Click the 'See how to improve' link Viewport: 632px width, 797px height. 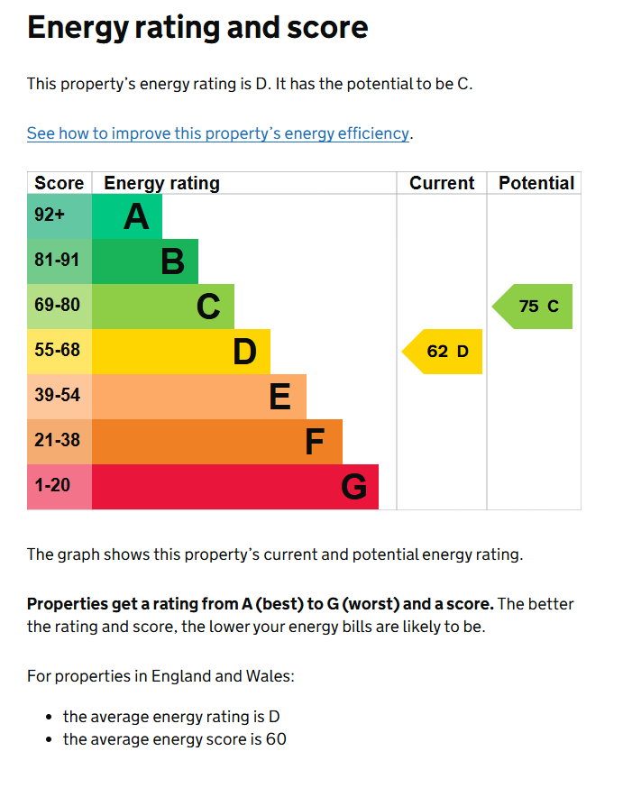tap(218, 133)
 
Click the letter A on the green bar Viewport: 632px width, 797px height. tap(136, 216)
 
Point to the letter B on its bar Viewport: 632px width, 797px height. tap(172, 261)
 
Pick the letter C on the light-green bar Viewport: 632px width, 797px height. tap(208, 307)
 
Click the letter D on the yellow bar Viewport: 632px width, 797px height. tap(244, 352)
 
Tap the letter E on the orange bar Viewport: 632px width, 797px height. tap(280, 397)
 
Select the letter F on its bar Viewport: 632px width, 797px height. tap(315, 442)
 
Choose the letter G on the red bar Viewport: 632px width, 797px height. tap(353, 487)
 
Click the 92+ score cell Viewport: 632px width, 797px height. tap(50, 215)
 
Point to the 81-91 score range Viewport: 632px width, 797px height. tap(58, 261)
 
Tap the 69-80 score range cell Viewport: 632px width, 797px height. tap(58, 306)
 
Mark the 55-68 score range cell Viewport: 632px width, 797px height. tap(58, 351)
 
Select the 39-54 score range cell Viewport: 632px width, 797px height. tap(58, 396)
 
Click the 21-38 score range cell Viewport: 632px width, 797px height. tap(58, 441)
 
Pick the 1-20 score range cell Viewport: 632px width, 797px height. tap(52, 486)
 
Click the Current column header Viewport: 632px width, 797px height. tap(442, 183)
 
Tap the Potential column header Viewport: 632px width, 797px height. tap(536, 183)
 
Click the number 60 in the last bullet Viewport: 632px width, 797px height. tap(276, 740)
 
